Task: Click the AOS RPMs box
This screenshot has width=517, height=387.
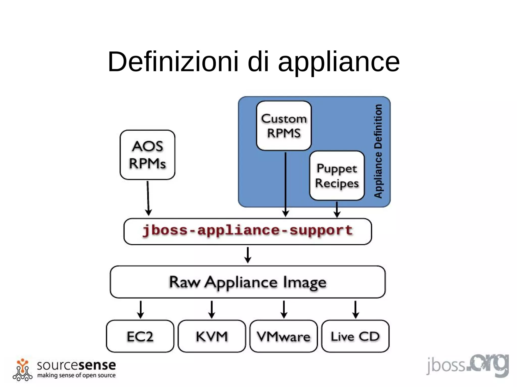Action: (x=147, y=155)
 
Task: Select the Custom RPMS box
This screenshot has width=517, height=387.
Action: (x=284, y=126)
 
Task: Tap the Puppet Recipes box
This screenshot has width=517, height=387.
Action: (x=337, y=175)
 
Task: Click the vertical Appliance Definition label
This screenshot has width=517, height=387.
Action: (x=378, y=151)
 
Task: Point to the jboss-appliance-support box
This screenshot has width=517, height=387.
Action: (x=248, y=231)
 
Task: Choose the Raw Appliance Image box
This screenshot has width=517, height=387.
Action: (x=248, y=282)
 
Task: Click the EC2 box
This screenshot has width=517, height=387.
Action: (x=140, y=336)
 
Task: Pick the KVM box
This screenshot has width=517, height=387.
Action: (x=212, y=336)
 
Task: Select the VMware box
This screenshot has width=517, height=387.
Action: (x=283, y=336)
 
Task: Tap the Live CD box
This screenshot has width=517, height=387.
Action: (x=355, y=336)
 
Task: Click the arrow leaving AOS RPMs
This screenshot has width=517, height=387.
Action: (x=148, y=198)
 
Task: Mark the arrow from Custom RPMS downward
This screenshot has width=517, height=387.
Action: (x=286, y=184)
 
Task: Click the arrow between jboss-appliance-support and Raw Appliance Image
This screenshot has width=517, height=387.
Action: (x=248, y=255)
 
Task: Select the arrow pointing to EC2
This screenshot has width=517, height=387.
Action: (x=141, y=309)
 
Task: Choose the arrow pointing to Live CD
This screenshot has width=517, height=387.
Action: (x=355, y=309)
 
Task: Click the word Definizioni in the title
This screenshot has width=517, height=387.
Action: (x=173, y=62)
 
